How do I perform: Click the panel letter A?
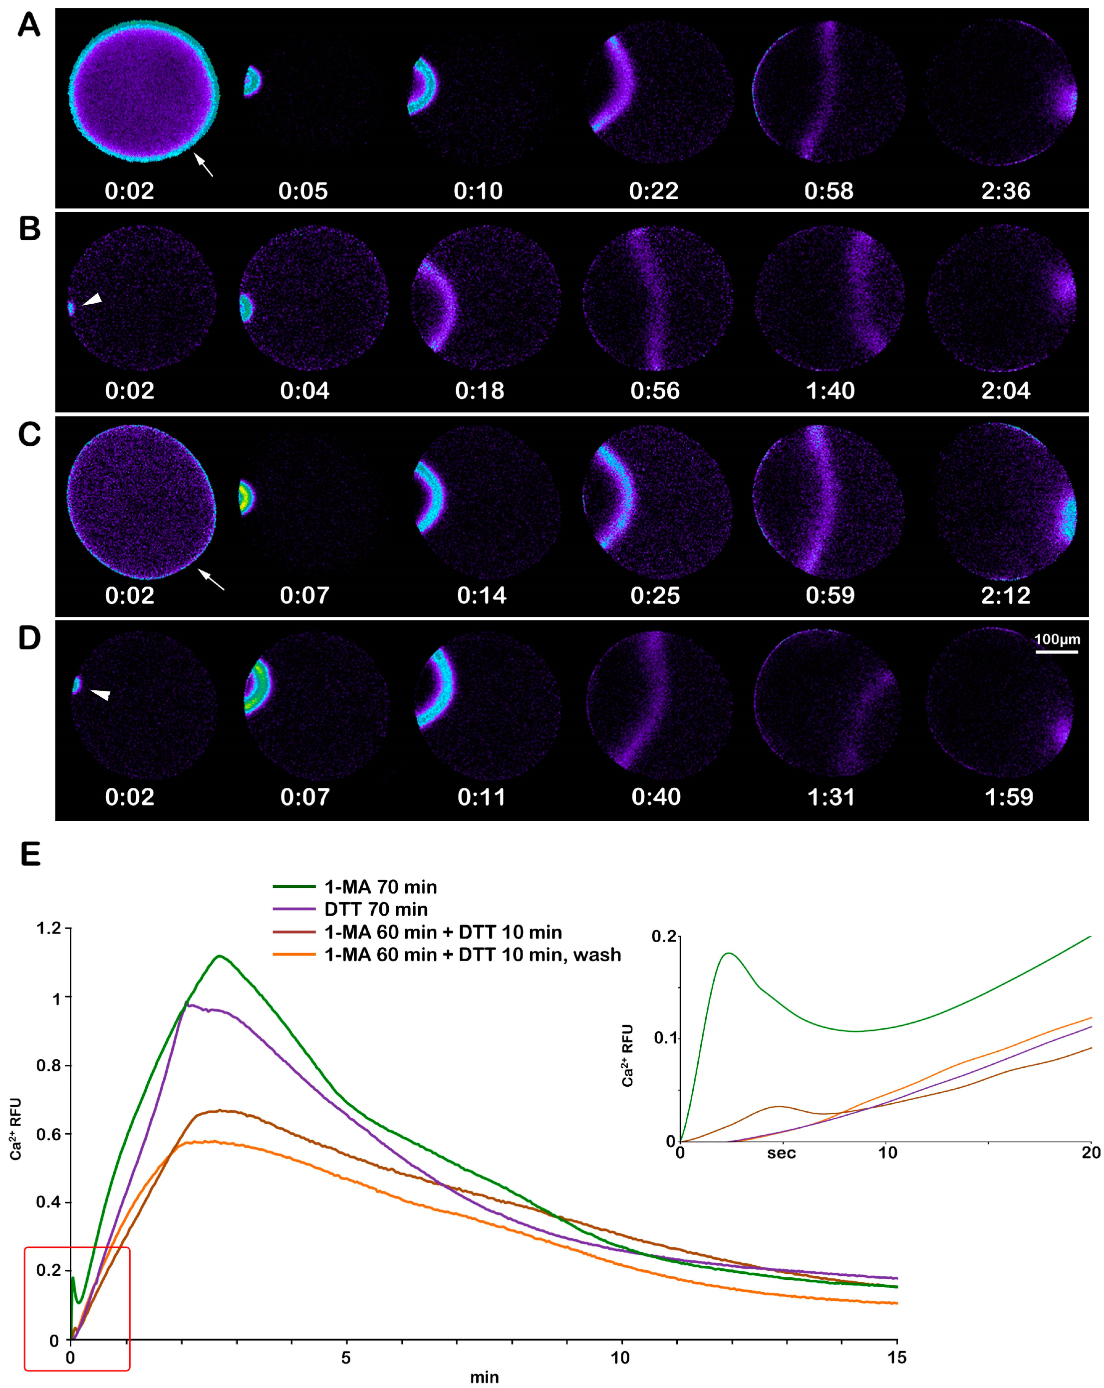click(29, 26)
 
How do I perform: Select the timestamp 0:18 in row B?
click(479, 391)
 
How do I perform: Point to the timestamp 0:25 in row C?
click(654, 595)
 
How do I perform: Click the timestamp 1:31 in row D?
click(830, 797)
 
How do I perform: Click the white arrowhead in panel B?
click(93, 299)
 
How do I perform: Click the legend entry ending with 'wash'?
click(472, 954)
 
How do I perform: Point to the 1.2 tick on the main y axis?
click(48, 928)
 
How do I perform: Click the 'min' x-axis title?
click(484, 1377)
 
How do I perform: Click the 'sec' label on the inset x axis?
click(781, 1153)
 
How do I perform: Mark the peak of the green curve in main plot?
click(220, 956)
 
